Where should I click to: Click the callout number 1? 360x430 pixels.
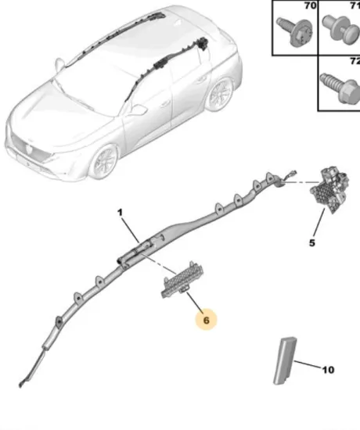click(x=121, y=212)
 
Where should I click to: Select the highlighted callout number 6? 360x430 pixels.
click(x=207, y=319)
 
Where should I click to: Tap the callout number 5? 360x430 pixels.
click(x=311, y=242)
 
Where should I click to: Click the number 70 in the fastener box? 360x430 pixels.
click(x=309, y=5)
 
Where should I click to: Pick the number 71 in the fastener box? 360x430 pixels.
click(x=355, y=5)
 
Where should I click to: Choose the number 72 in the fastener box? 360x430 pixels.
click(x=355, y=59)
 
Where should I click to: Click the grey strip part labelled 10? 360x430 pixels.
click(x=285, y=360)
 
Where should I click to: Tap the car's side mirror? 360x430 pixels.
click(x=138, y=110)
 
